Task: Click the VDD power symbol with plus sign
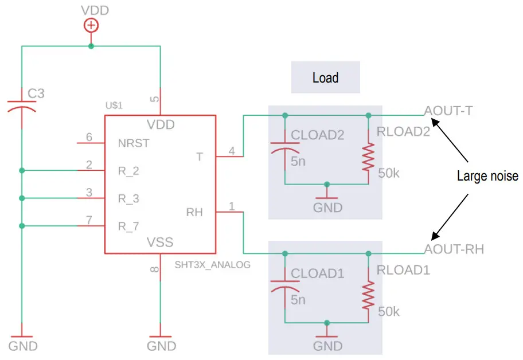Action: pos(91,26)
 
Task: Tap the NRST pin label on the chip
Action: pos(134,143)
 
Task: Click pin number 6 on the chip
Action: pos(88,137)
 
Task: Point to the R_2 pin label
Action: pos(128,171)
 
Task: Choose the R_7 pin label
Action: pos(128,226)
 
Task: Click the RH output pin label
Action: pos(194,213)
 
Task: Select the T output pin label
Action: pos(199,156)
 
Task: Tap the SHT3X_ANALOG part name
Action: pos(213,265)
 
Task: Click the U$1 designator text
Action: pos(114,105)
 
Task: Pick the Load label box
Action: pos(325,77)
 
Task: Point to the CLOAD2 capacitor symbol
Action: pos(284,148)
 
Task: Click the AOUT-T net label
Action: pos(448,111)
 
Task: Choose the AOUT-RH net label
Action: pos(454,249)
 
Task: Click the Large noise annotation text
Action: pos(487,176)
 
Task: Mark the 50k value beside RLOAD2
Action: pos(389,173)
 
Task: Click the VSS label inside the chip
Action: pos(161,242)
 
